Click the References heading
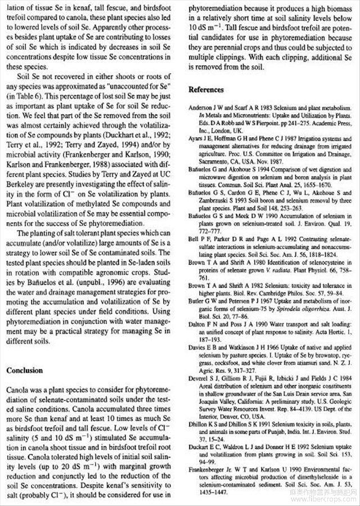[206, 89]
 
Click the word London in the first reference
[219, 126]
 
